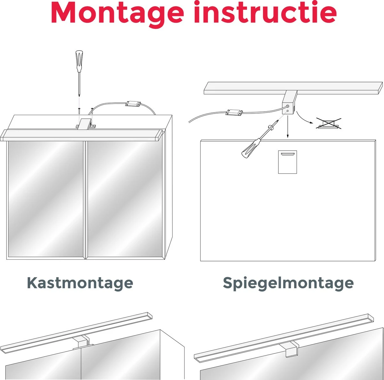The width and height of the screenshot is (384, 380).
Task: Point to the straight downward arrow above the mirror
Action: tap(288, 127)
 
